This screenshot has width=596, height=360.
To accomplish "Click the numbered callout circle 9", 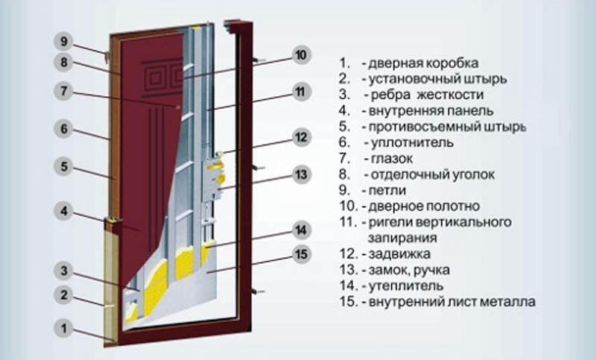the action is pyautogui.click(x=63, y=42).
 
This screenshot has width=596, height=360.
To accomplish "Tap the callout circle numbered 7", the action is pyautogui.click(x=63, y=91).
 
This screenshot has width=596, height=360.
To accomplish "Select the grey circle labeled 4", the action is pyautogui.click(x=63, y=211).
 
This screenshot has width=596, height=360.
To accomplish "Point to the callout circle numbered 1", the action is pyautogui.click(x=63, y=329).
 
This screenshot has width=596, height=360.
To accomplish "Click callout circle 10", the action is pyautogui.click(x=301, y=55).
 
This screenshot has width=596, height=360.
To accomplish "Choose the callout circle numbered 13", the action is pyautogui.click(x=301, y=175).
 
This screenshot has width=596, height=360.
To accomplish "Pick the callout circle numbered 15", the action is pyautogui.click(x=301, y=254).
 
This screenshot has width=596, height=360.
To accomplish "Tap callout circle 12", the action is pyautogui.click(x=301, y=137).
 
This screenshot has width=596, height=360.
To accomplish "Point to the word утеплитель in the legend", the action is pyautogui.click(x=406, y=285).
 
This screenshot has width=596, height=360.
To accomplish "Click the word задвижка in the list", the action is pyautogui.click(x=399, y=253).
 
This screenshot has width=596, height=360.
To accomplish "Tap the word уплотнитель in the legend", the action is pyautogui.click(x=412, y=142).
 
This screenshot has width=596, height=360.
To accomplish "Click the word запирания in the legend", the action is pyautogui.click(x=402, y=238).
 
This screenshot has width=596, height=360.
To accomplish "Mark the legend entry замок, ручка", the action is pyautogui.click(x=409, y=270).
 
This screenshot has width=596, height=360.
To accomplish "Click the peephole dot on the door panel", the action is pyautogui.click(x=178, y=107).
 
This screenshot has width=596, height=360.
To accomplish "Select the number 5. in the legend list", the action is pyautogui.click(x=344, y=127).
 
